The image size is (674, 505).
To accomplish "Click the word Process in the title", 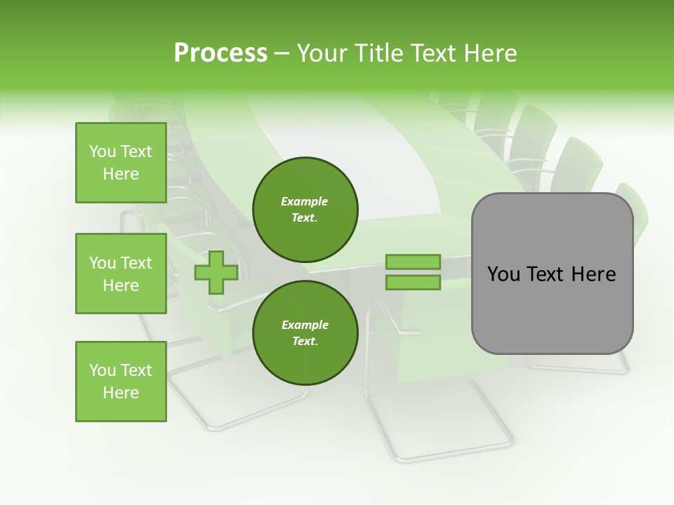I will [220, 53].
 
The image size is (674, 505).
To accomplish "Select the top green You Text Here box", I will [121, 163].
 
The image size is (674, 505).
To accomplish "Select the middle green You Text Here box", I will [121, 274].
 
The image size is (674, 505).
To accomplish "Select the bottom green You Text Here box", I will [121, 382].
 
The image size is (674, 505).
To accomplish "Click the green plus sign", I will [216, 272].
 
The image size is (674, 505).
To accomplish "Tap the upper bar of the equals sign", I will [413, 262].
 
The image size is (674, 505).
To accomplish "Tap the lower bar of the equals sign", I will [413, 283].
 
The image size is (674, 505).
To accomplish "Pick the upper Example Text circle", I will [305, 209].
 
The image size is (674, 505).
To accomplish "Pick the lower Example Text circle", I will [305, 332].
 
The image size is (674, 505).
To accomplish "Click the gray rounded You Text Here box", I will [552, 274].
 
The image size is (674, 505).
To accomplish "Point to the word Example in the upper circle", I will [305, 201].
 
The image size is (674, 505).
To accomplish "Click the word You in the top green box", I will [103, 151].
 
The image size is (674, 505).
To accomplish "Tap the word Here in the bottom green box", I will [121, 393].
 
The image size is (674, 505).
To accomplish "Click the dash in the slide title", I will [282, 54].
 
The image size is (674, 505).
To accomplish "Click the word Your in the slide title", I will [324, 53].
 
